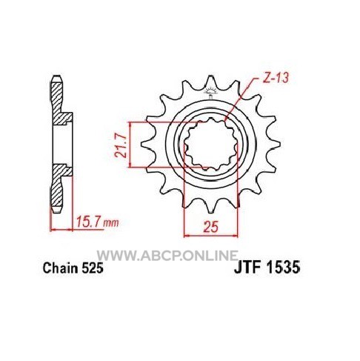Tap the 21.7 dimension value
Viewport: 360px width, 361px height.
click(x=121, y=145)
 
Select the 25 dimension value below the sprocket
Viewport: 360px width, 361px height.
click(x=211, y=227)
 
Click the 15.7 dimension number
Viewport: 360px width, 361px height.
click(x=88, y=222)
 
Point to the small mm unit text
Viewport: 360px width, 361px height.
click(x=110, y=223)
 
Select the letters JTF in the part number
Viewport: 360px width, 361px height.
click(x=248, y=268)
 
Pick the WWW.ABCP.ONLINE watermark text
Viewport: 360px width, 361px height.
click(x=167, y=255)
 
